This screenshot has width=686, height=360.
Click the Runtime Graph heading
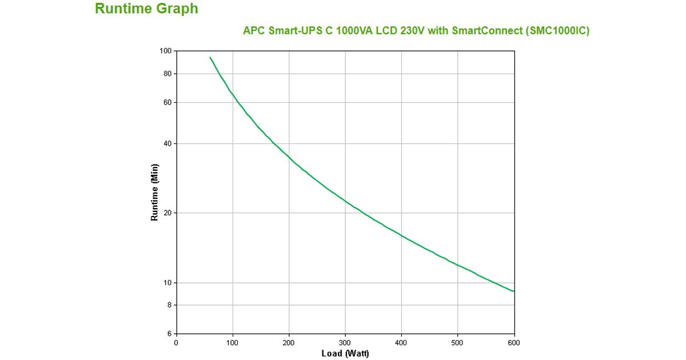pos(146,9)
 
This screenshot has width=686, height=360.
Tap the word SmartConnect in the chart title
pos(486,31)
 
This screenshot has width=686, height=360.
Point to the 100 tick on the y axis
pos(165,51)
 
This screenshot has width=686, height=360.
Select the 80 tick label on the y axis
pos(167,74)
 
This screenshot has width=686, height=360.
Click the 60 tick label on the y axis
pos(167,102)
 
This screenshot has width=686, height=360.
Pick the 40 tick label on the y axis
pos(167,143)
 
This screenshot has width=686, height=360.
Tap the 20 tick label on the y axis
pos(167,213)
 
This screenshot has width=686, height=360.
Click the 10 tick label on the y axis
pos(167,283)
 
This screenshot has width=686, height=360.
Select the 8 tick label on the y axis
pos(169,305)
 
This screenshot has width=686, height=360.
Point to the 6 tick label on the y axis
pos(169,334)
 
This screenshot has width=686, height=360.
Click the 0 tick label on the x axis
pos(176,343)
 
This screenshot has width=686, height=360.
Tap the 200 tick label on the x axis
pos(289,343)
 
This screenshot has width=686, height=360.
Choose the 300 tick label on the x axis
pos(345,343)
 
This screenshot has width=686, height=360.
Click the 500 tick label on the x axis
pos(458,343)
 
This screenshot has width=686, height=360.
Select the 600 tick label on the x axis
pos(514,343)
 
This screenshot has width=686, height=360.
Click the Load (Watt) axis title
pos(345,354)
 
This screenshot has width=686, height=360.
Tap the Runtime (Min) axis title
pos(154,193)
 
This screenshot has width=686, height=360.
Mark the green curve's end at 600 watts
pos(514,291)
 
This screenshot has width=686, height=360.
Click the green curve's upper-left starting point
pos(210,57)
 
